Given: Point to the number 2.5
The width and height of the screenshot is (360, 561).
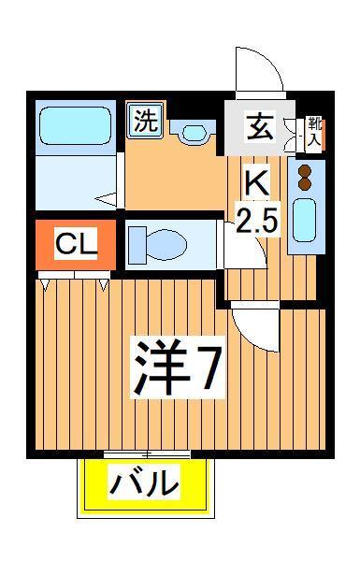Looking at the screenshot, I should [x=256, y=221].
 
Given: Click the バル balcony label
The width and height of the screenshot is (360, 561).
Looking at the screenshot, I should [x=143, y=483].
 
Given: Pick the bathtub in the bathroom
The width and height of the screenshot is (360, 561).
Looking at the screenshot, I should [x=73, y=123].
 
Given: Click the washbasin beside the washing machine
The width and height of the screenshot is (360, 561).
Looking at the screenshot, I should [x=194, y=132].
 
